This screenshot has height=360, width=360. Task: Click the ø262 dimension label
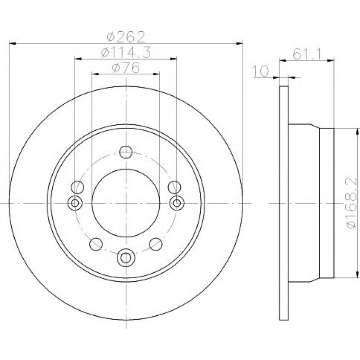coord(126,37)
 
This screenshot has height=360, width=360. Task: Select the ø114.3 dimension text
coord(126,52)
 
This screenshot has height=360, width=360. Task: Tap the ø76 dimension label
coord(126,67)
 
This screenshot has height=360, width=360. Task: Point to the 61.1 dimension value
coord(306,55)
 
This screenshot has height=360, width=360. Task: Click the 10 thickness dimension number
coord(260,71)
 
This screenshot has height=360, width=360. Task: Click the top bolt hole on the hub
coord(126,152)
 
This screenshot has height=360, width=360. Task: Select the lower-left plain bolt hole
coord(96,244)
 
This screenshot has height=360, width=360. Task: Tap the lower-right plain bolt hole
coord(156,244)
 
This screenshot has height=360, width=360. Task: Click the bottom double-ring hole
coord(126,258)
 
